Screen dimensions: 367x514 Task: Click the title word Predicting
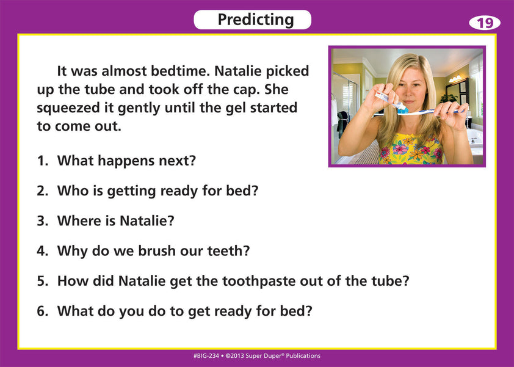point(255,20)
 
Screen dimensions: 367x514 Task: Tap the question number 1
point(42,161)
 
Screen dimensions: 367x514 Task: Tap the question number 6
point(42,311)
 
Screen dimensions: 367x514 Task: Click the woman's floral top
point(410,150)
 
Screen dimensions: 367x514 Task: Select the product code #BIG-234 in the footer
point(207,356)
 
